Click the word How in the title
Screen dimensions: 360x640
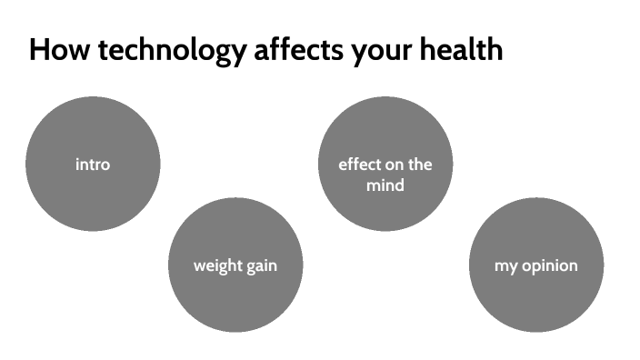57,49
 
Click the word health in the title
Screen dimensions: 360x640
460,49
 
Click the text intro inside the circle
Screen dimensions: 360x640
93,165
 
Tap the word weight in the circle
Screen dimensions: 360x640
215,266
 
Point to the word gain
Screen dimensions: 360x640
259,266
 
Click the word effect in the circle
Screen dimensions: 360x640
357,165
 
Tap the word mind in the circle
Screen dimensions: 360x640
385,185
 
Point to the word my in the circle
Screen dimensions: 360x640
505,267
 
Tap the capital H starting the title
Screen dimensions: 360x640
38,49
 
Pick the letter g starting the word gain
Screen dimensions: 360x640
246,267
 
